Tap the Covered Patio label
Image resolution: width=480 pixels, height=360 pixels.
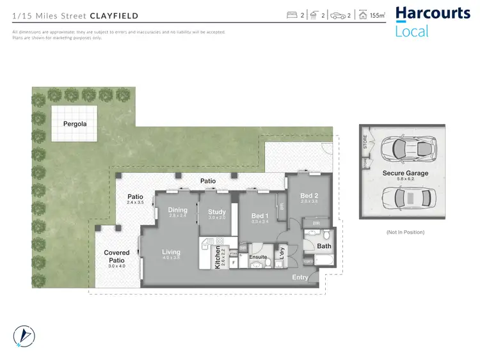click(116, 256)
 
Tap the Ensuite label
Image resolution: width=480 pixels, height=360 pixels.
click(258, 257)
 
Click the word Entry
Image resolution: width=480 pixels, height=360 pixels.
click(300, 278)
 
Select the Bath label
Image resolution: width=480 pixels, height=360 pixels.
click(324, 246)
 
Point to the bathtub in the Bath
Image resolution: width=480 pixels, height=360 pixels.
click(320, 262)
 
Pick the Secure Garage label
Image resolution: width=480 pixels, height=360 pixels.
click(406, 173)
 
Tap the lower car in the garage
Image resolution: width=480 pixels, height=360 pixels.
click(406, 198)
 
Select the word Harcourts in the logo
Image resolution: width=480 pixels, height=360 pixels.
click(433, 13)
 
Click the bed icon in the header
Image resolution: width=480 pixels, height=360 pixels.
click(291, 15)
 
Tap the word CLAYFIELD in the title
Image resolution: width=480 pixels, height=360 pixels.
click(114, 15)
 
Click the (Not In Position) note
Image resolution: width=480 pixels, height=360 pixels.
click(406, 232)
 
